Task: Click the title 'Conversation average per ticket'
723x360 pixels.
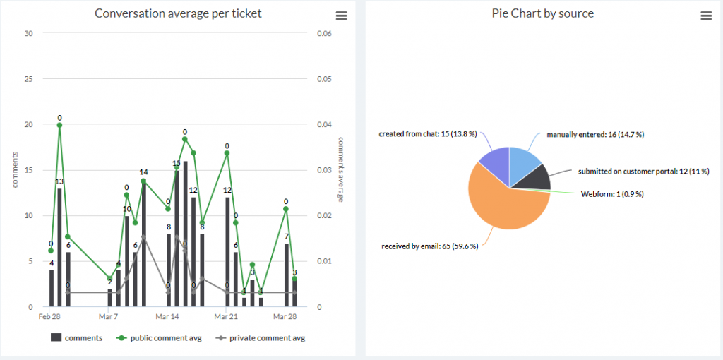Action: click(178, 13)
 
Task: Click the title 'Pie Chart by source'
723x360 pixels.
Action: click(542, 13)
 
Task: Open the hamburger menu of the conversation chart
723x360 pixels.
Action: click(342, 16)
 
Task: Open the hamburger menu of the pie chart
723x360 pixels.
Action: click(705, 16)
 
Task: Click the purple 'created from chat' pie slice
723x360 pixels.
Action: click(494, 163)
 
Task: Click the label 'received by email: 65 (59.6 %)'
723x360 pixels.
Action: click(429, 246)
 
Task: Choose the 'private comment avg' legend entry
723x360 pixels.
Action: click(262, 338)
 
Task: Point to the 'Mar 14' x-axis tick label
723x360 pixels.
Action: click(167, 317)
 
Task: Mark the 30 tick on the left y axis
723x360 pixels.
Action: click(28, 33)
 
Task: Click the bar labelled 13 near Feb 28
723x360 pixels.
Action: click(59, 247)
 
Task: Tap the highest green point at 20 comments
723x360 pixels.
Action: click(59, 125)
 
